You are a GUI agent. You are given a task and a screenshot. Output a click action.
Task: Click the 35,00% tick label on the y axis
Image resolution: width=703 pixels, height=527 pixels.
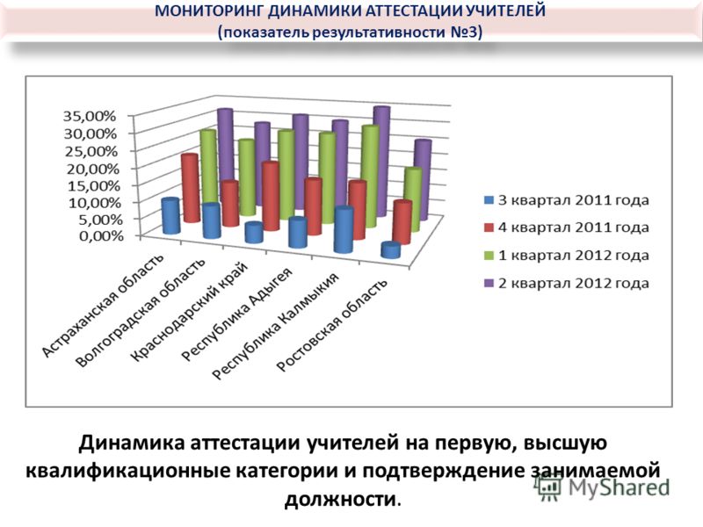click(90, 116)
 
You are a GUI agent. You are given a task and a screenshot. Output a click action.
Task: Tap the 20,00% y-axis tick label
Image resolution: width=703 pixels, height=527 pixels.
click(92, 169)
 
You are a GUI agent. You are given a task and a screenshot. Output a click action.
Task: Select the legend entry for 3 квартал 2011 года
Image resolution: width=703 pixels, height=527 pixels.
click(566, 200)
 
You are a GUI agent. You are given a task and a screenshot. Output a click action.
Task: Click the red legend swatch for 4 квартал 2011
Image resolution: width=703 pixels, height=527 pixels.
click(489, 227)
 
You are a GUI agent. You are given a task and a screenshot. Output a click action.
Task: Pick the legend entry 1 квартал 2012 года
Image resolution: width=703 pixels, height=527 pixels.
click(566, 256)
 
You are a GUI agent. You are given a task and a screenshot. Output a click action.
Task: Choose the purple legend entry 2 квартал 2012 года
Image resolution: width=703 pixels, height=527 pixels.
click(566, 283)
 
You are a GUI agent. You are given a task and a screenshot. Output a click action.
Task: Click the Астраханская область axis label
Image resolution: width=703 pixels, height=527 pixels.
click(103, 307)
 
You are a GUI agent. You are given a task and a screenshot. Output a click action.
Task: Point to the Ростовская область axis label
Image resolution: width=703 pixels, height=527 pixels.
click(332, 326)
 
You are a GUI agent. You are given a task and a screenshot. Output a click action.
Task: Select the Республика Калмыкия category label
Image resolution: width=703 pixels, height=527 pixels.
click(274, 326)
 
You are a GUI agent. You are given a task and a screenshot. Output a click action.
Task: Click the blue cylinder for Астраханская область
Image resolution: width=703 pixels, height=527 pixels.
click(170, 216)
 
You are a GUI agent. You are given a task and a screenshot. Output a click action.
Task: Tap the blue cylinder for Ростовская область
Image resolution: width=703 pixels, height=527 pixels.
click(390, 250)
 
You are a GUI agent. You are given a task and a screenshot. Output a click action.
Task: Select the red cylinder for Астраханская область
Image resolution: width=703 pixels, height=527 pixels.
click(190, 188)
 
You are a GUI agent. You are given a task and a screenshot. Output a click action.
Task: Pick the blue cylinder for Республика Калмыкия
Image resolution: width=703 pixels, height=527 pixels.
click(344, 230)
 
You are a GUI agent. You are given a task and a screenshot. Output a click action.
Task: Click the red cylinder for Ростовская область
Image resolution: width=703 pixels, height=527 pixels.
click(402, 223)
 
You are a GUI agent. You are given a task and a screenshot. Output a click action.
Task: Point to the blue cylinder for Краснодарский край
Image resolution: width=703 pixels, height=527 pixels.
click(254, 233)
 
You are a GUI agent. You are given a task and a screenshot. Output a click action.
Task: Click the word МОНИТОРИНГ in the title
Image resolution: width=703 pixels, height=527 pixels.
click(210, 11)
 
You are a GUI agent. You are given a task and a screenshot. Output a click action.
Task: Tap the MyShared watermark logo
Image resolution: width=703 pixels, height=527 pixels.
click(603, 487)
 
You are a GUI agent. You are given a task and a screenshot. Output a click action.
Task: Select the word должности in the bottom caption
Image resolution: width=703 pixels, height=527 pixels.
click(340, 499)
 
